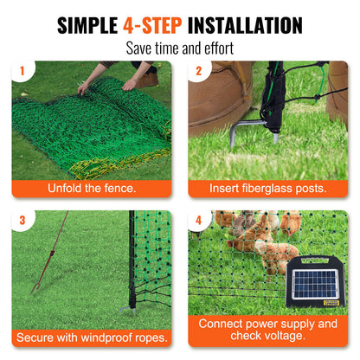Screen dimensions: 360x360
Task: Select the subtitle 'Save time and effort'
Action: (x=179, y=48)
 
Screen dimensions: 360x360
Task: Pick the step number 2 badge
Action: (x=198, y=71)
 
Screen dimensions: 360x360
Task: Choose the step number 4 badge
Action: (x=198, y=220)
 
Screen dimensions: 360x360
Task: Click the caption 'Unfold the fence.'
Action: (x=91, y=188)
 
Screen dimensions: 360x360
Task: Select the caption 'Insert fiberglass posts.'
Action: (x=267, y=188)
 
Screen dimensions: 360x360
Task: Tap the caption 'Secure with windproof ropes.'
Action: (x=91, y=337)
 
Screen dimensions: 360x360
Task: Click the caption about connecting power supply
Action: (x=267, y=330)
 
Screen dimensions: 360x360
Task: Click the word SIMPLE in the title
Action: (x=87, y=25)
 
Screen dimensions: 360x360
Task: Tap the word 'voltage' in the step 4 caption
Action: (x=286, y=337)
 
